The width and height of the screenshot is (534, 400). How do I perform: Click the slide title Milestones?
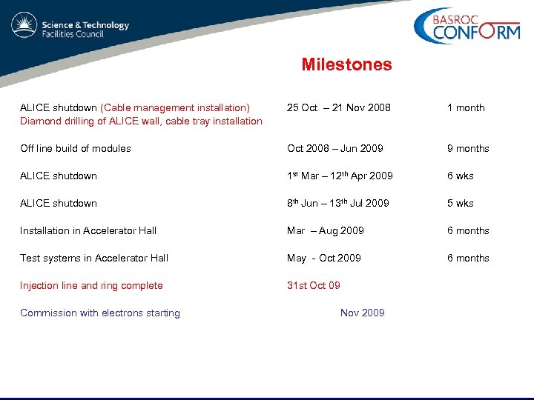coord(346,65)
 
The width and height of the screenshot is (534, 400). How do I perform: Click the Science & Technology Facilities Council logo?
coord(70,28)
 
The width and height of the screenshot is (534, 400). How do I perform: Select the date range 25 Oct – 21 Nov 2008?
coord(338,108)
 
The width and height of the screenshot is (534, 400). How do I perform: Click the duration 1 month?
coord(465,108)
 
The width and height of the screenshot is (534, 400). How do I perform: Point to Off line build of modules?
coord(76,149)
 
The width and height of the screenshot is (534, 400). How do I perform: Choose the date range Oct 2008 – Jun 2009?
coord(335,149)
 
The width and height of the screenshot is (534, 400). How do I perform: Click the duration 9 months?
coord(467,149)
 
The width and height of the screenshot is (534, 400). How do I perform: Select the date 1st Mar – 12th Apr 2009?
coord(340,176)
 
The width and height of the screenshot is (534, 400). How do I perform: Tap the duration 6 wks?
coord(460,176)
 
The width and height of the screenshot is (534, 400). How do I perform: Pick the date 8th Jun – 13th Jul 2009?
coord(337,203)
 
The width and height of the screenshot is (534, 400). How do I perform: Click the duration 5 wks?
coord(460,204)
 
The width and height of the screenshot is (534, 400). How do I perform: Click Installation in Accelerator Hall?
coord(88,231)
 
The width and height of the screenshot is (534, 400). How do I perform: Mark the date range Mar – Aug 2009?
coord(326,231)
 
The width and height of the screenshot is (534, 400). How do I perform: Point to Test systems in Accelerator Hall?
coord(94,259)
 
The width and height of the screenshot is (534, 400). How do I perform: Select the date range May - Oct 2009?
coord(324,259)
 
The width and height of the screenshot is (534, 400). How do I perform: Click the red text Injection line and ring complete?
coord(91,286)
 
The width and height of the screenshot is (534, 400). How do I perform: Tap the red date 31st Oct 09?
coord(314,286)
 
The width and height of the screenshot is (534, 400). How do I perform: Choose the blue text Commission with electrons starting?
coord(100,313)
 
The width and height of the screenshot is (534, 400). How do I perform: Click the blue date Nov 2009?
coord(362,313)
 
